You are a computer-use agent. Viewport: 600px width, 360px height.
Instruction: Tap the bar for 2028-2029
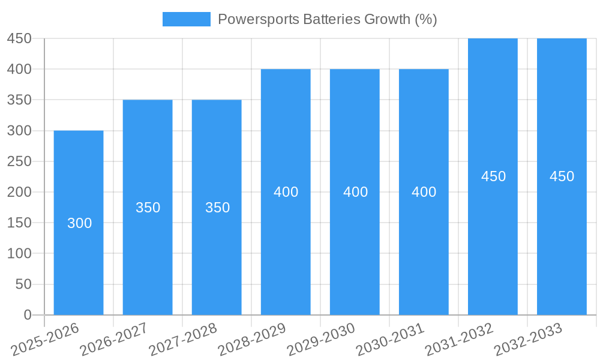[286, 252]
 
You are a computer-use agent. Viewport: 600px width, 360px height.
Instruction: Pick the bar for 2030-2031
[424, 252]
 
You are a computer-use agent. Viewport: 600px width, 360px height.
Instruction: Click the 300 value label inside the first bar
[79, 223]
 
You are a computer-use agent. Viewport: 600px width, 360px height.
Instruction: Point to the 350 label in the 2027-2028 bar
[217, 208]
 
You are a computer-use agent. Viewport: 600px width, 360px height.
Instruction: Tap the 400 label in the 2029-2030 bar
[355, 192]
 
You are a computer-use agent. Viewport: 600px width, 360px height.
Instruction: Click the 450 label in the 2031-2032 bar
[493, 176]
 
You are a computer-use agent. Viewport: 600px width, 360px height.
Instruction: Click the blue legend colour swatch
[187, 19]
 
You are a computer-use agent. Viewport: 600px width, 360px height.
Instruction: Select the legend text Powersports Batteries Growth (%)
[327, 19]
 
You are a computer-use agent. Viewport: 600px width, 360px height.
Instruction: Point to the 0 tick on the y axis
[27, 315]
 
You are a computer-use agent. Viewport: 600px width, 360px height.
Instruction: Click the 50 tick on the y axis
[23, 284]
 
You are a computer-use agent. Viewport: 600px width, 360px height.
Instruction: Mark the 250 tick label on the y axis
[19, 161]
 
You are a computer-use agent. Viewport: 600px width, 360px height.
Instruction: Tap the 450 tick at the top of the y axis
[19, 38]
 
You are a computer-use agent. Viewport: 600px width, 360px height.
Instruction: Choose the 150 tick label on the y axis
[19, 223]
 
